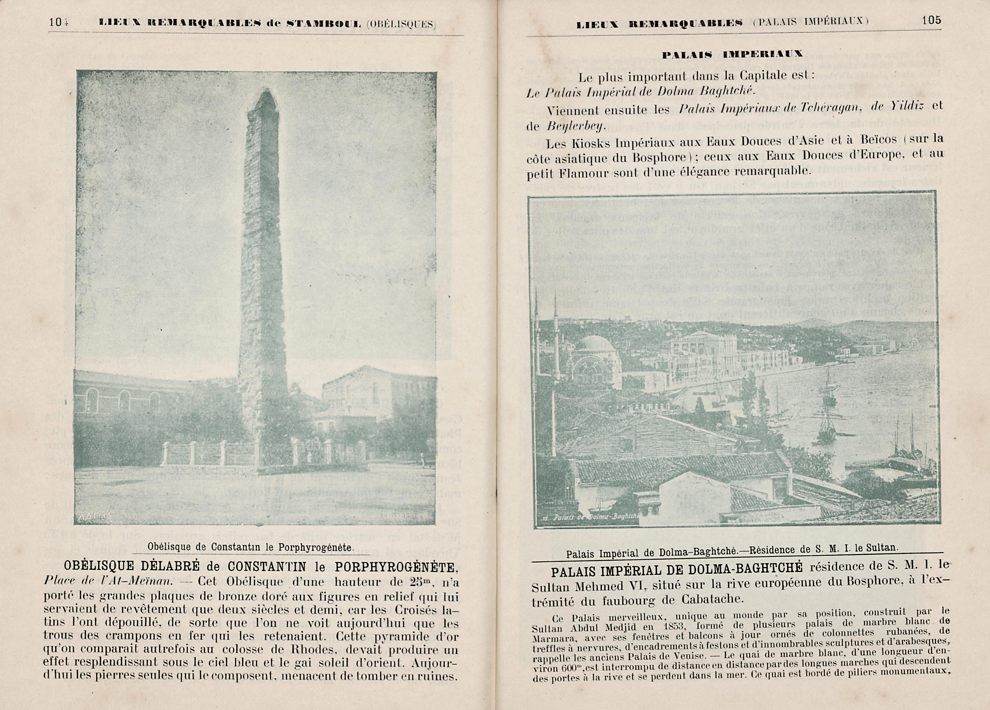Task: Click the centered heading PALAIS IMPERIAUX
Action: [732, 55]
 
